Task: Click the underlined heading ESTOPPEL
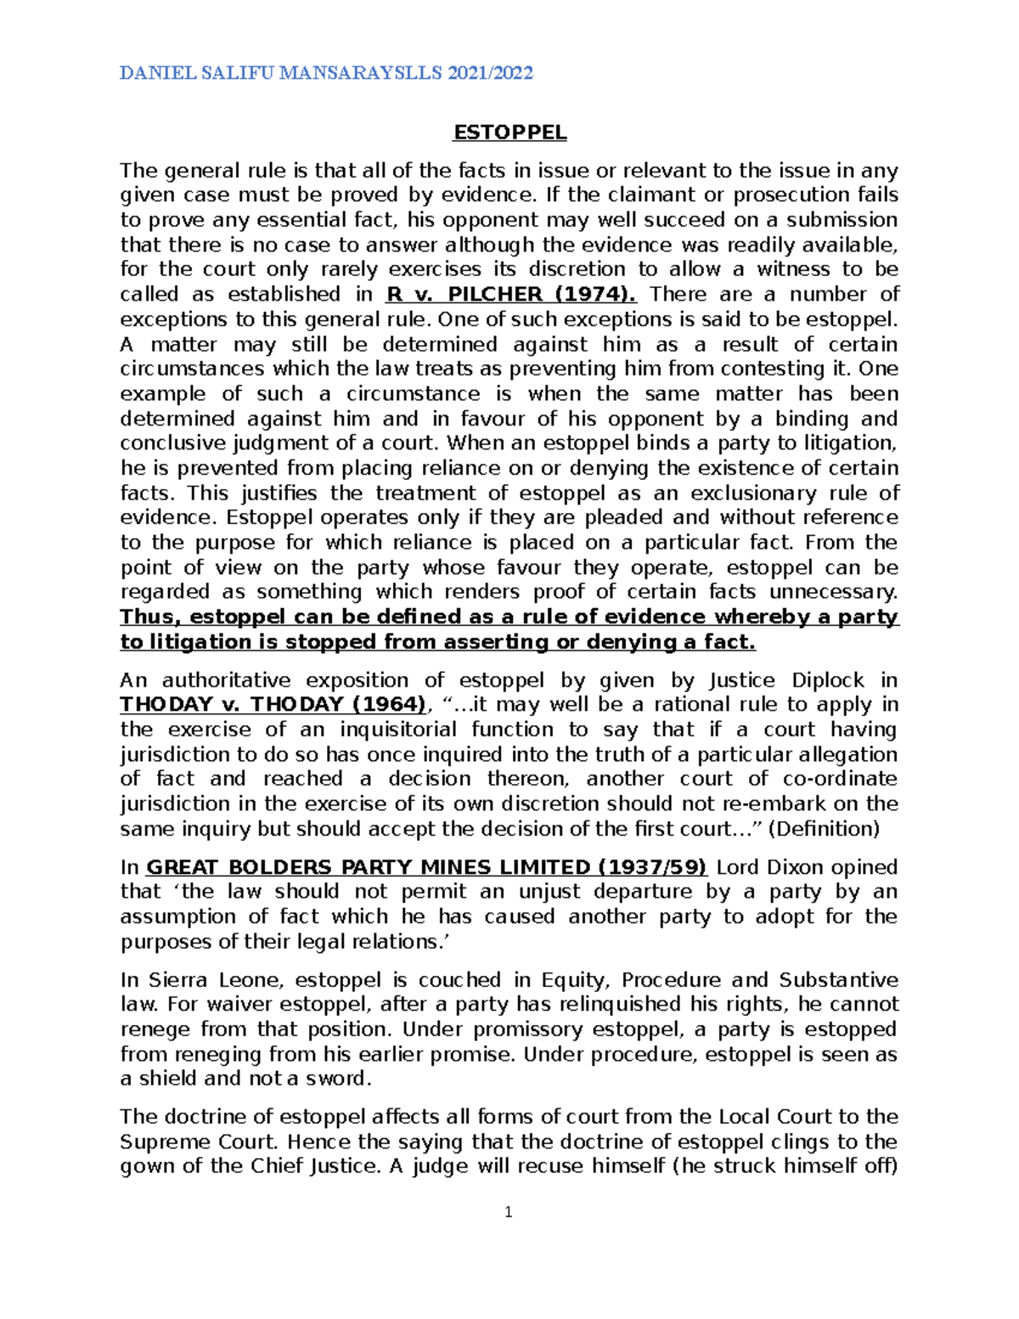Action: point(509,132)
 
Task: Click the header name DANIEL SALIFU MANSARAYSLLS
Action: point(281,73)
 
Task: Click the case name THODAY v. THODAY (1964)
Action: point(273,705)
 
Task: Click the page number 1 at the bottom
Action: point(509,1213)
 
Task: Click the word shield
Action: point(168,1079)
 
